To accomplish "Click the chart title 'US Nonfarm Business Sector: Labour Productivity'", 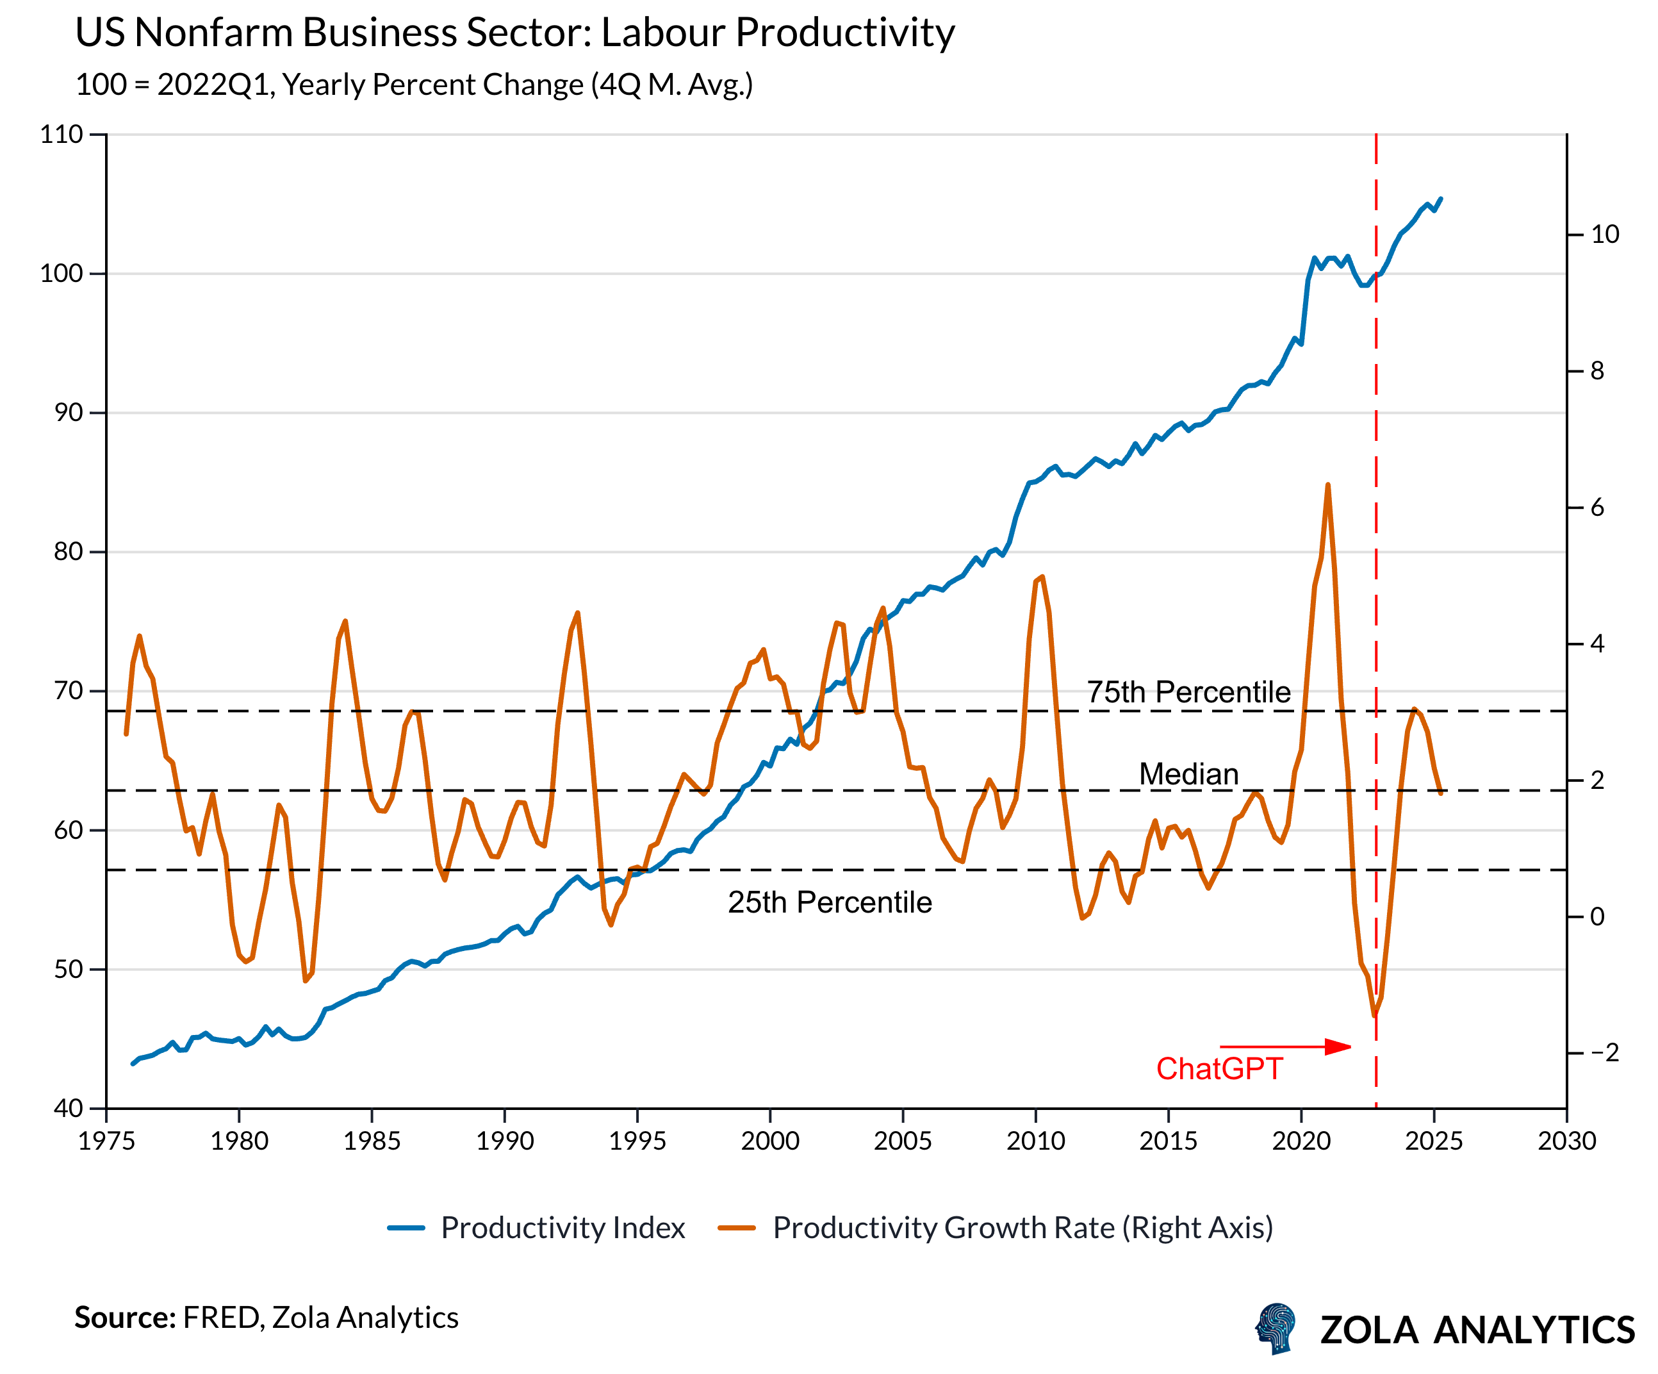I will coord(515,33).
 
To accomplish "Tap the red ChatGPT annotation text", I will coord(1219,1069).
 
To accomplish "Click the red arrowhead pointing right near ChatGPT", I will coord(1338,1047).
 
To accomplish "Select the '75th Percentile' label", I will coord(1188,693).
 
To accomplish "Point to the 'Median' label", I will coord(1188,775).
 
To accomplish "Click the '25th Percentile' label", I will coord(830,902).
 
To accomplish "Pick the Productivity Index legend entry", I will coord(537,1228).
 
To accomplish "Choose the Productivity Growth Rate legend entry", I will coord(996,1228).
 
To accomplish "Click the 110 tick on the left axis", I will coord(62,134).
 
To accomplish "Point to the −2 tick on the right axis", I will coord(1604,1053).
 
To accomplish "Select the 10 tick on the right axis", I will coord(1604,235).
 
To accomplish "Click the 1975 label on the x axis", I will coord(106,1141).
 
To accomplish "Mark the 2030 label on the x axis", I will coord(1566,1141).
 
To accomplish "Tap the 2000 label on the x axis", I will coord(770,1141).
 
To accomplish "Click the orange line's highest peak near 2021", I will coord(1328,485).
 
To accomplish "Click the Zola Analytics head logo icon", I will coord(1277,1329).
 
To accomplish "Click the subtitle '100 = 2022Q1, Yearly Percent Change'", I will coord(414,85).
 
